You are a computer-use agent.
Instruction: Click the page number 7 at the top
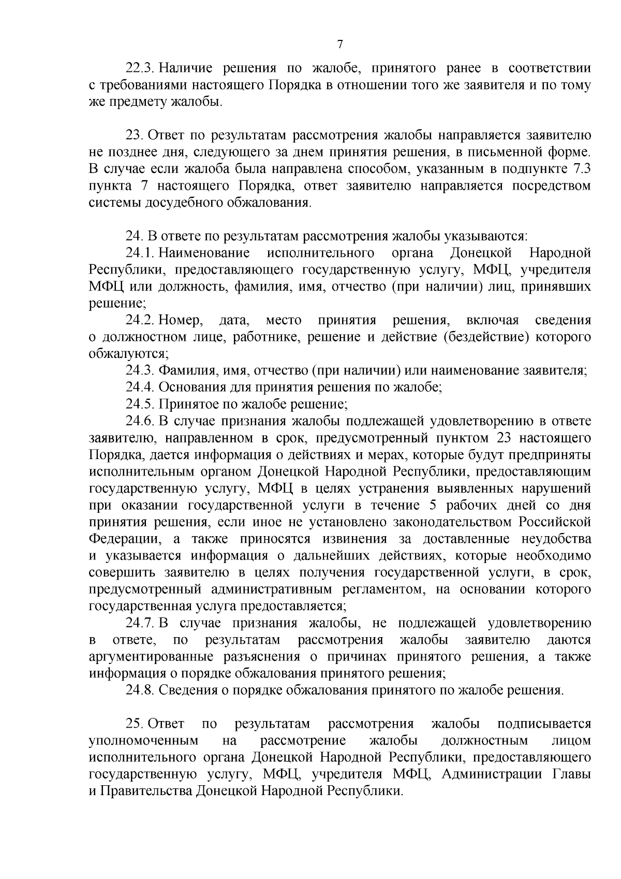coord(340,45)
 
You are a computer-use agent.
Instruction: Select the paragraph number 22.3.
coord(140,68)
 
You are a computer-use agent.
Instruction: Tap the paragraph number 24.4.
coord(140,387)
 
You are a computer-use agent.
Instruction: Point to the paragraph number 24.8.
coord(140,690)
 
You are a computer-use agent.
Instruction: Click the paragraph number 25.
coord(135,724)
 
